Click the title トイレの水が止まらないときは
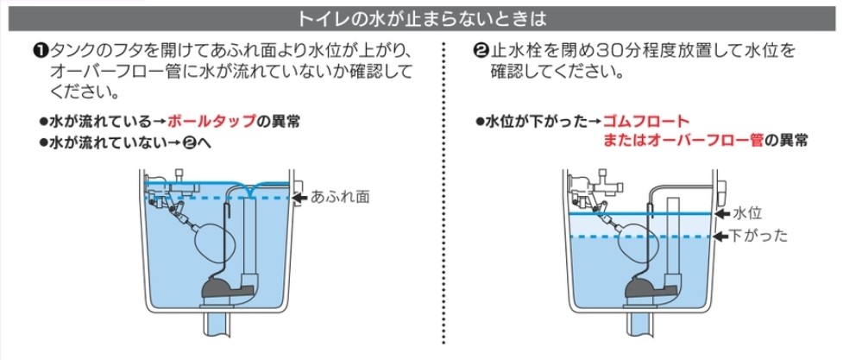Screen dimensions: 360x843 (421, 16)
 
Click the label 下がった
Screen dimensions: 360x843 (759, 235)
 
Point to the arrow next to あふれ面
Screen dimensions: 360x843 (299, 198)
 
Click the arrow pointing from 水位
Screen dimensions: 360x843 (721, 212)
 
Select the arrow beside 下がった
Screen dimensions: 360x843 (721, 235)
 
